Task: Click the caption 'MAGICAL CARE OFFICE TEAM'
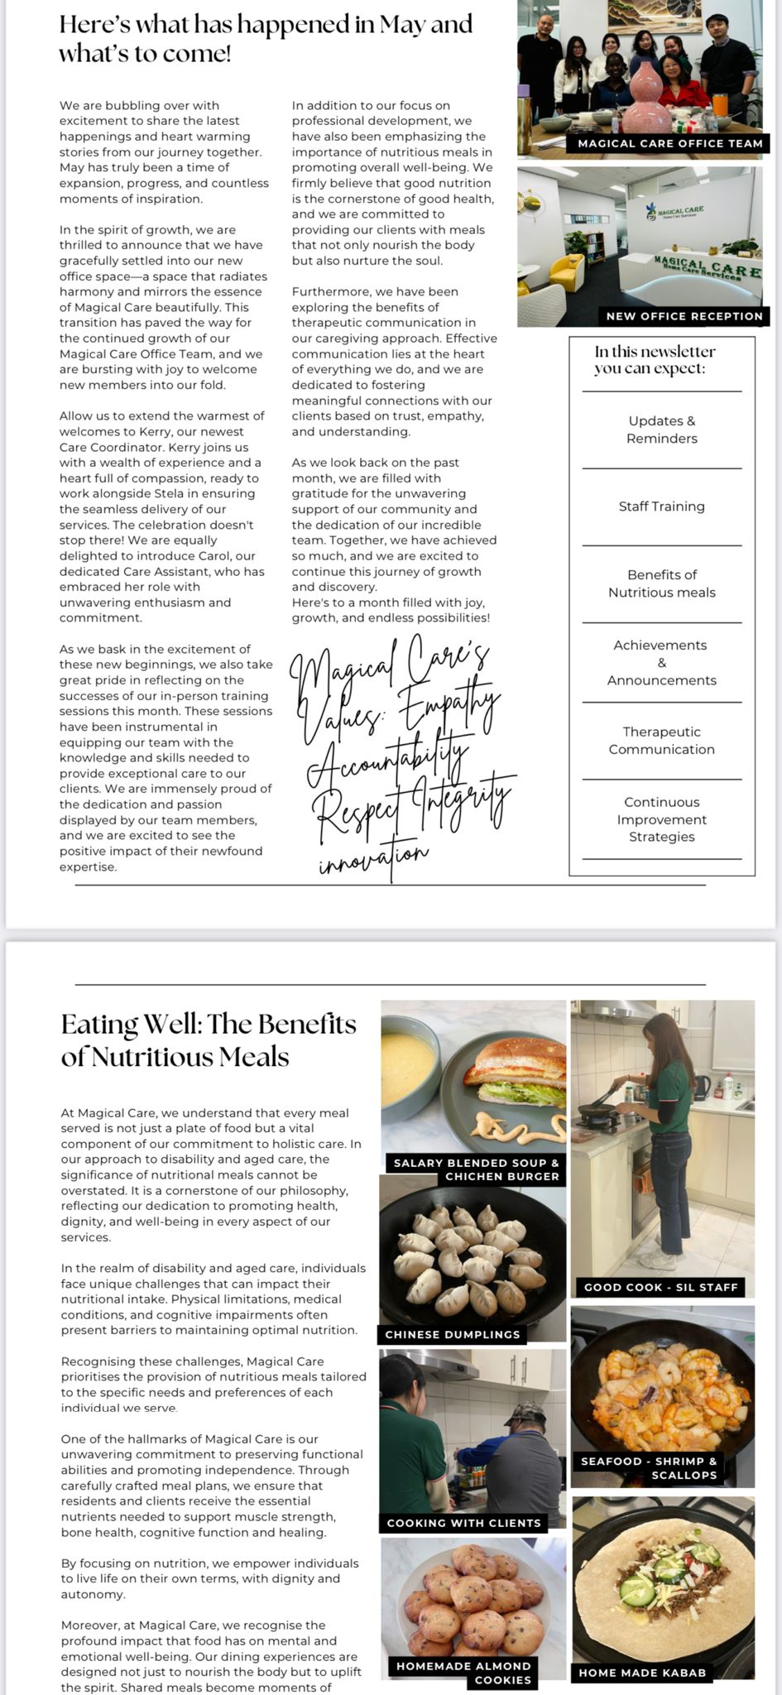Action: pos(670,143)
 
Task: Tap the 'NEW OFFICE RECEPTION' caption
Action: pos(684,316)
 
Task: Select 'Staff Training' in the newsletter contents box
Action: pos(662,507)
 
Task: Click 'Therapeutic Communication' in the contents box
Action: pos(662,741)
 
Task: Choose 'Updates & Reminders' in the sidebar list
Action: pos(662,430)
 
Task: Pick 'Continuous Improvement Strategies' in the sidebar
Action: pos(662,819)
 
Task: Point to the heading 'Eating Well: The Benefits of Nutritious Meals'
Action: pos(209,1040)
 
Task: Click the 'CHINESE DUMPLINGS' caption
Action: pos(453,1334)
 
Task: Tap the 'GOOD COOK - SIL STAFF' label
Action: pos(660,1287)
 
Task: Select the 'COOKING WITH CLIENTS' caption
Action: pos(463,1523)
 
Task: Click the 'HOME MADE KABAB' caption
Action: pos(642,1673)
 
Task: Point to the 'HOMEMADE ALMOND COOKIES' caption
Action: pos(463,1673)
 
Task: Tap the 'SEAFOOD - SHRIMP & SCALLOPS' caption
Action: pos(649,1468)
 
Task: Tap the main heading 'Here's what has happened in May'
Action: pos(266,24)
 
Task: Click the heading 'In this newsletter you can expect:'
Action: pos(655,359)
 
